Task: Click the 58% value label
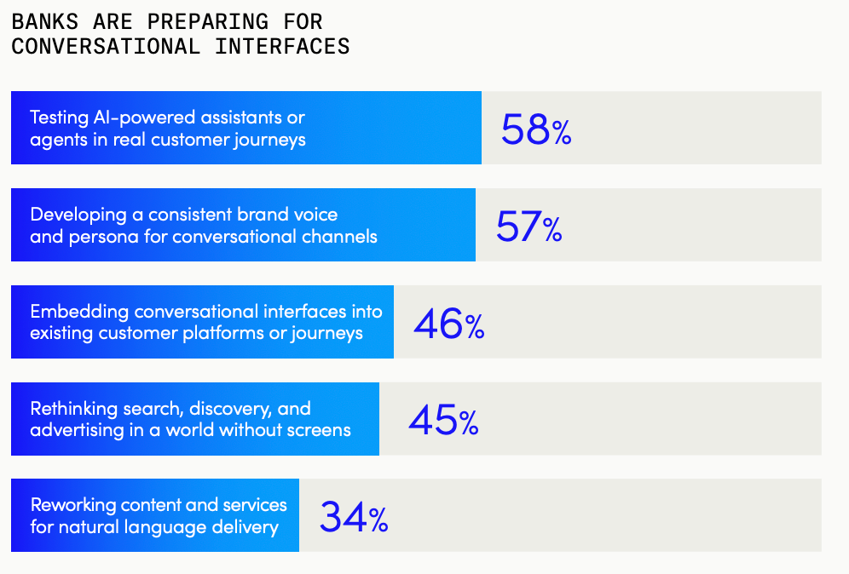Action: [535, 129]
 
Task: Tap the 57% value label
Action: [528, 226]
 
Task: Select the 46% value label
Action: [448, 323]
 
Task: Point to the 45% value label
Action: [443, 420]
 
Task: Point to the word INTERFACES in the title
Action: [282, 46]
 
